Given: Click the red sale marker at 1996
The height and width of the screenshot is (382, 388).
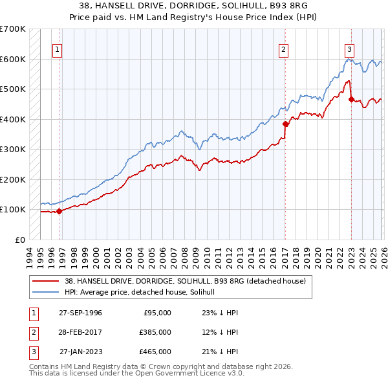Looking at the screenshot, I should point(59,211).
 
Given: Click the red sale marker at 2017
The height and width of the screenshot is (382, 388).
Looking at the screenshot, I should point(285,124).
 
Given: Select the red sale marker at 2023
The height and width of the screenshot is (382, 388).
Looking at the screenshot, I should point(351,100).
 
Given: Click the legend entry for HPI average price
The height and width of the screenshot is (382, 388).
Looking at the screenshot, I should point(144,292).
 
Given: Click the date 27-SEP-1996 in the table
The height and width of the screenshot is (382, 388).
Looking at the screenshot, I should point(80,312).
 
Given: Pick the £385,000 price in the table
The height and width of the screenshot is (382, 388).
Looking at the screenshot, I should point(155,332).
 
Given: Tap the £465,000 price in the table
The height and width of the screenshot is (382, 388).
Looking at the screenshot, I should point(155,352).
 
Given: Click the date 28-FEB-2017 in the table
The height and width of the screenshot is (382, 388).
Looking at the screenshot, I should point(80,332).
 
